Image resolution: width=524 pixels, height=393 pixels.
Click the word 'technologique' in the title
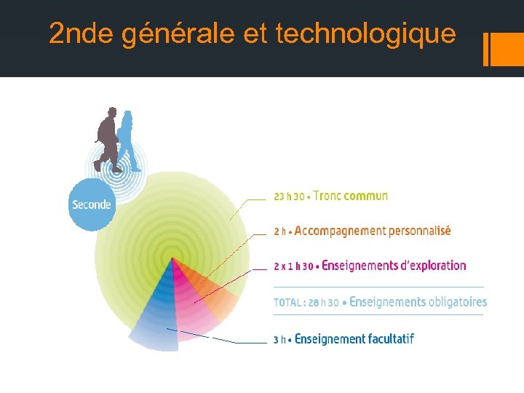tap(366, 34)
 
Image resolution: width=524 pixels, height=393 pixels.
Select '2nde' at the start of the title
tap(82, 34)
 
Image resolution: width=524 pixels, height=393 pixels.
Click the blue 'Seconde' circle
tap(91, 205)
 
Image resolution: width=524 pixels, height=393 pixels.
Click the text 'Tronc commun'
tap(351, 196)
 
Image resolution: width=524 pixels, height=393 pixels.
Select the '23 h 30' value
tap(289, 196)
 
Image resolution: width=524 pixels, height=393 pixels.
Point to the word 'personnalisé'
tap(420, 231)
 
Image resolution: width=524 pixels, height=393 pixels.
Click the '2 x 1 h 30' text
tap(293, 266)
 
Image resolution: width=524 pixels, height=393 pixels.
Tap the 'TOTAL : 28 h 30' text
tap(306, 303)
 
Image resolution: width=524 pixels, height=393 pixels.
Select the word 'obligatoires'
tap(458, 302)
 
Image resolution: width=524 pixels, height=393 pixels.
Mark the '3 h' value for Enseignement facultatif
tap(280, 339)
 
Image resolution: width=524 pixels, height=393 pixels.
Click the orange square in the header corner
tap(507, 49)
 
